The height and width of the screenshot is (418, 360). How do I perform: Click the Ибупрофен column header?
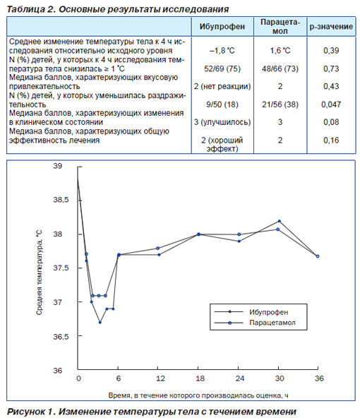(222, 27)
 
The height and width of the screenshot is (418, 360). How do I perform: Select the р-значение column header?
(331, 27)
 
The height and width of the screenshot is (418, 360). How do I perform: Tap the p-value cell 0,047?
(331, 104)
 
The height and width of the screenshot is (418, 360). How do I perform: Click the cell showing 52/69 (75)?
(222, 68)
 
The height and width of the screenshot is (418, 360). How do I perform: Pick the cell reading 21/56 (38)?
(280, 104)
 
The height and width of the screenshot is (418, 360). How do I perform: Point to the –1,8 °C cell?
(222, 51)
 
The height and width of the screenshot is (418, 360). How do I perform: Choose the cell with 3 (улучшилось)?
(222, 122)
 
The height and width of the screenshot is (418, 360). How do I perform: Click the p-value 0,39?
(331, 51)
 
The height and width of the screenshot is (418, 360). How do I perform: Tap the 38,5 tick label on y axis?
(61, 200)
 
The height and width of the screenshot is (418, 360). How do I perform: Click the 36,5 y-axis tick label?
(61, 337)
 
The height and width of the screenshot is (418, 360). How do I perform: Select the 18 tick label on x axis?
(200, 378)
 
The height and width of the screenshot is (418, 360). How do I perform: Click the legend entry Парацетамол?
(272, 323)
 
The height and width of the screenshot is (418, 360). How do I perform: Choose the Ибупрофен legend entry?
(269, 312)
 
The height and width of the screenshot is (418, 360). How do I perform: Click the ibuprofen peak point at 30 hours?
(280, 221)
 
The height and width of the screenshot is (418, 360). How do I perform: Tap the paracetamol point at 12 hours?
(157, 249)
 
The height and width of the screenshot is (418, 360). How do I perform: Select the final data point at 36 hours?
(318, 256)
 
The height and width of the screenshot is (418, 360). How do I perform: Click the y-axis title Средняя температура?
(39, 273)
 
